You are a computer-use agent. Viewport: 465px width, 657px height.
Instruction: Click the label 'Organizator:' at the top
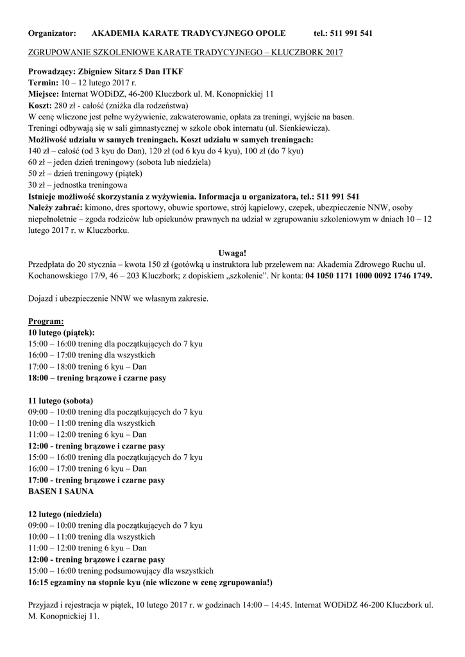52,33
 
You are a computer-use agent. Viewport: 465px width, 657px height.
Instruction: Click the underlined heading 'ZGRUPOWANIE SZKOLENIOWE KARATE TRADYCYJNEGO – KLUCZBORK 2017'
185,52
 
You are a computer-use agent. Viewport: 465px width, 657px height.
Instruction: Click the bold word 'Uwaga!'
232,252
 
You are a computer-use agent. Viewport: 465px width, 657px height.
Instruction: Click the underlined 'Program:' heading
46,321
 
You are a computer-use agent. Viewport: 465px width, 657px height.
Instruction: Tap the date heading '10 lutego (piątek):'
62,332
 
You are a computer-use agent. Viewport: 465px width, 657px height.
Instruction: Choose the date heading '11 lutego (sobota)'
61,400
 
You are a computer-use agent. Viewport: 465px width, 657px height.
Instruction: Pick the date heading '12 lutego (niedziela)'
65,513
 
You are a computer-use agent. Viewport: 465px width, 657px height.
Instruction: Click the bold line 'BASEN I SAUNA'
61,491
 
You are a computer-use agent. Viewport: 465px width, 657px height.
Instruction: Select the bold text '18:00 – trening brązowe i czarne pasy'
97,378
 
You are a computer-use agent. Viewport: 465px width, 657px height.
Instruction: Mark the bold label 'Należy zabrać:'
55,207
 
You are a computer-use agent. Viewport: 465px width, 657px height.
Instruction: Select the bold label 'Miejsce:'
44,94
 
